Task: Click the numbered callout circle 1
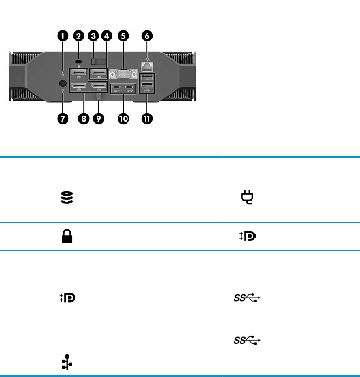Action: click(62, 36)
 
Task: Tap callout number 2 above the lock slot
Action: click(78, 36)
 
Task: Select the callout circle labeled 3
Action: click(93, 36)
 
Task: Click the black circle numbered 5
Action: click(124, 36)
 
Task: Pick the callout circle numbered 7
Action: click(62, 118)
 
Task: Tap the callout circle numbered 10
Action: click(124, 118)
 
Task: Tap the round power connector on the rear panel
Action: click(62, 84)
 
